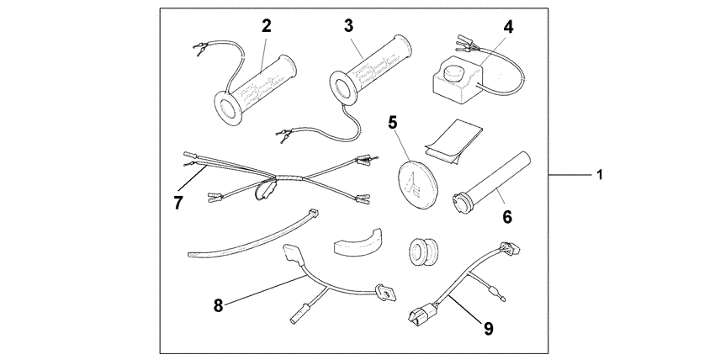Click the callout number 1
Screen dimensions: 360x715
pos(600,175)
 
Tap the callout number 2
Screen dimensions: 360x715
pos(267,25)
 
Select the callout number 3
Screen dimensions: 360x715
pos(348,25)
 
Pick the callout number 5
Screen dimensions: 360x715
pos(392,122)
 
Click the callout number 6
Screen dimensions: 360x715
pos(507,216)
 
